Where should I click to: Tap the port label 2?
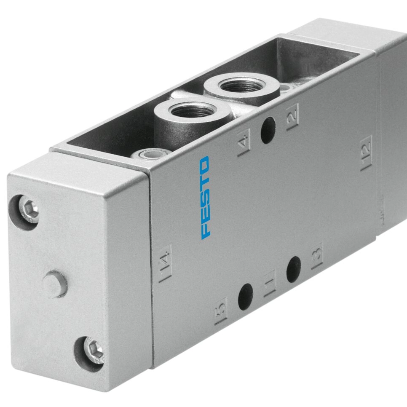pos(292,117)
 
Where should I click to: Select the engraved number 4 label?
pos(244,142)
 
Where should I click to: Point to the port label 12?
pos(366,153)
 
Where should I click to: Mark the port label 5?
pos(221,311)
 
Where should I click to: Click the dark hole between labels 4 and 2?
pos(268,130)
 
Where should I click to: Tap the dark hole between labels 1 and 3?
pos(294,269)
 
